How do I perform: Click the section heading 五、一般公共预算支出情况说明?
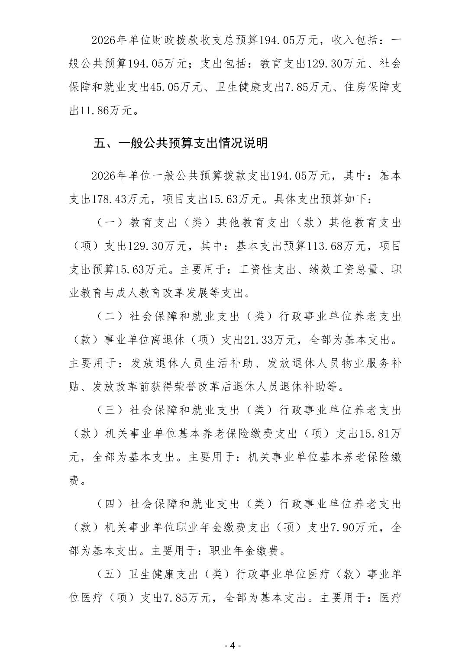pyautogui.click(x=181, y=143)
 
